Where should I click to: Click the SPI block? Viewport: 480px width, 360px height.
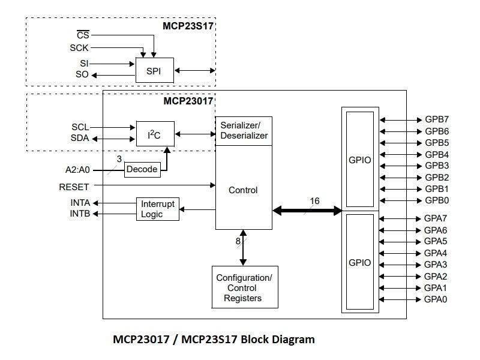click(x=155, y=71)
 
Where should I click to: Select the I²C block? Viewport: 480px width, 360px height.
click(x=155, y=133)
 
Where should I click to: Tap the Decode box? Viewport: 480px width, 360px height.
click(x=142, y=169)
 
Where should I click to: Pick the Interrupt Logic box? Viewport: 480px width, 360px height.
click(x=158, y=209)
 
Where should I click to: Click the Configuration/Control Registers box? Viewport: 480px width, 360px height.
click(x=244, y=287)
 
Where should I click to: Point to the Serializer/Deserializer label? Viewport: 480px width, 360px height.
click(x=244, y=131)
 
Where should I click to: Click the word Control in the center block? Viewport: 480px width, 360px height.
click(x=243, y=190)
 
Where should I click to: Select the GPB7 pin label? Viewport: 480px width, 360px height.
click(x=437, y=120)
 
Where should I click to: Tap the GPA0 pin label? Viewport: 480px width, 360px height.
click(x=436, y=299)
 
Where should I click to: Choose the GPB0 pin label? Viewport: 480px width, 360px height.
click(x=437, y=200)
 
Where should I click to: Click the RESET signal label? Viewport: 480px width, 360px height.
click(x=74, y=187)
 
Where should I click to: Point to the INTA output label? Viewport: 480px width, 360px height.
click(x=80, y=203)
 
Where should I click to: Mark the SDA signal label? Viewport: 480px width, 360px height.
click(x=80, y=139)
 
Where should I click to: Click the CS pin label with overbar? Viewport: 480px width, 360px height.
click(x=83, y=35)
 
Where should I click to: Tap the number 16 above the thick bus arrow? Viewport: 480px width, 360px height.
click(x=315, y=200)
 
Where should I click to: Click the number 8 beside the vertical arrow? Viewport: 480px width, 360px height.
click(x=238, y=242)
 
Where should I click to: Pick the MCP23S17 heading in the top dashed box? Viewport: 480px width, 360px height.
click(x=188, y=26)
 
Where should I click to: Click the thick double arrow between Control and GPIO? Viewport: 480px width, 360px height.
click(x=307, y=211)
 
